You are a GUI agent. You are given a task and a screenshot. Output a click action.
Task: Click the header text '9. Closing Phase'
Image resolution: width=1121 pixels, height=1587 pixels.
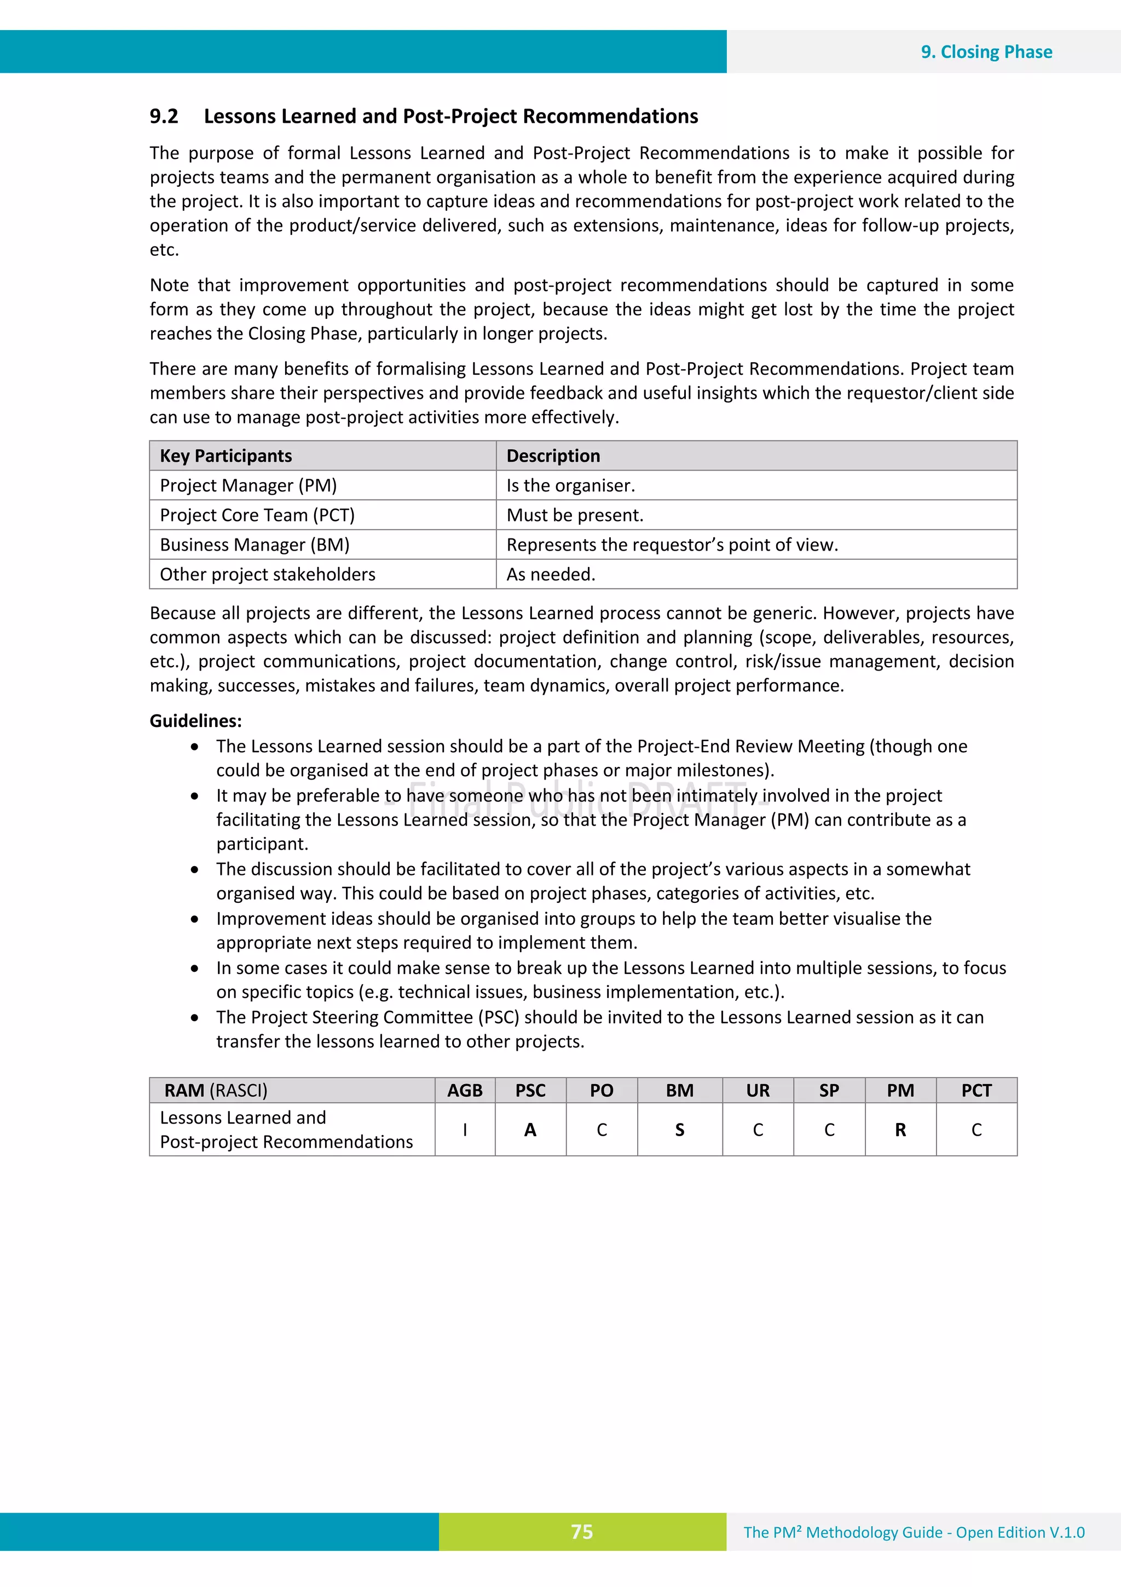tap(986, 52)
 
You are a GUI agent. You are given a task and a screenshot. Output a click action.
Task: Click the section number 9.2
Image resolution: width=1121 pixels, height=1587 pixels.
tap(164, 116)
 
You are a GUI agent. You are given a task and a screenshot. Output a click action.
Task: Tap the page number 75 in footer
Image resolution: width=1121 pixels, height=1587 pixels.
tap(581, 1532)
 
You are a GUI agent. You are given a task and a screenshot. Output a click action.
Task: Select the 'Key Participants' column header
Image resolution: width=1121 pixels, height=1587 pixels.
tap(226, 456)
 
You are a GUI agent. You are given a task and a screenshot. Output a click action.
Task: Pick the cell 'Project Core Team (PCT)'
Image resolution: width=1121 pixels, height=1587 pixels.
tap(257, 515)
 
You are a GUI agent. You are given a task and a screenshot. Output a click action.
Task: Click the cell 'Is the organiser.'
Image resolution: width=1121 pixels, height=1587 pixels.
tap(570, 486)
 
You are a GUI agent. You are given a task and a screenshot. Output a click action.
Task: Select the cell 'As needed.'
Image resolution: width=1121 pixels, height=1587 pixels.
tap(551, 575)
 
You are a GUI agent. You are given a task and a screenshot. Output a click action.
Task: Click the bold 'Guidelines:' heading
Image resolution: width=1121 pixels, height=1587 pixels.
tap(195, 721)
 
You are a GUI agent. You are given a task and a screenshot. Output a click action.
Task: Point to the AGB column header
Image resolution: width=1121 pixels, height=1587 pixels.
tap(464, 1091)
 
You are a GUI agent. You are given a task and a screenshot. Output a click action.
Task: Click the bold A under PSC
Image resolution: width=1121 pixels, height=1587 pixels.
tap(530, 1130)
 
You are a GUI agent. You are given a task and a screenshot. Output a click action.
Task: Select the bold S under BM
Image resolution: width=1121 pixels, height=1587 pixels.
tap(680, 1130)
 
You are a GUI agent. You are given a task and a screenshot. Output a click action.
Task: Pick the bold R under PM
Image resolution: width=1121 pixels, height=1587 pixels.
tap(900, 1130)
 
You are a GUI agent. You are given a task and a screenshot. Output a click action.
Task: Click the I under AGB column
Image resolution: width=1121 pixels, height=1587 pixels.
tap(465, 1130)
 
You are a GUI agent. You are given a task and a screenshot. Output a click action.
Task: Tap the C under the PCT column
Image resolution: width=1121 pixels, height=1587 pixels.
tap(976, 1130)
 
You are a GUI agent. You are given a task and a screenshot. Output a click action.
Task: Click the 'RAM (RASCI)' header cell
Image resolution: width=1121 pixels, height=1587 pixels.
tap(216, 1091)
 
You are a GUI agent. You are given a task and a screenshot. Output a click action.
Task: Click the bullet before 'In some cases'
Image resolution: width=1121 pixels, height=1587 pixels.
tap(195, 969)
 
